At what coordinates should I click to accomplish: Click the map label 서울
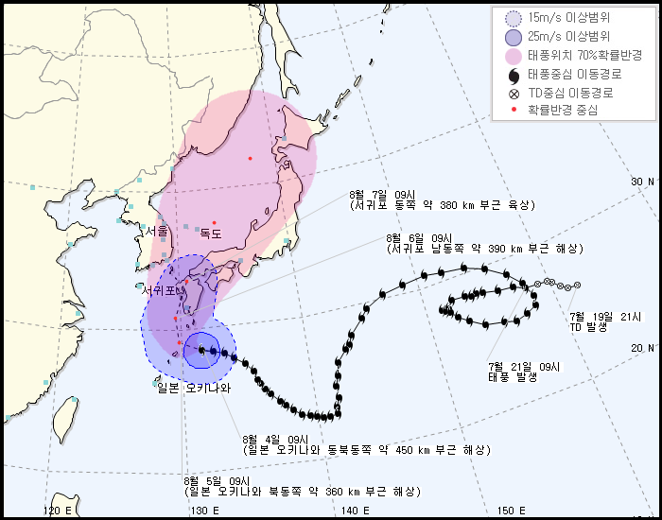pos(157,232)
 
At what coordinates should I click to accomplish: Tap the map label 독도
pos(210,234)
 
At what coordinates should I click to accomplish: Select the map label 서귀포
pos(159,290)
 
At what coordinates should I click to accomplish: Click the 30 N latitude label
pos(643,182)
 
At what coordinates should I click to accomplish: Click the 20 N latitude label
pos(643,348)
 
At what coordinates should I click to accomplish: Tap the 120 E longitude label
pos(58,511)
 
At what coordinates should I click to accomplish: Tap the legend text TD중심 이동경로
pos(570,93)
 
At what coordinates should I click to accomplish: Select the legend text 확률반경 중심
pos(563,111)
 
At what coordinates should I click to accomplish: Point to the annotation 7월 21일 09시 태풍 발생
pos(524,371)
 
